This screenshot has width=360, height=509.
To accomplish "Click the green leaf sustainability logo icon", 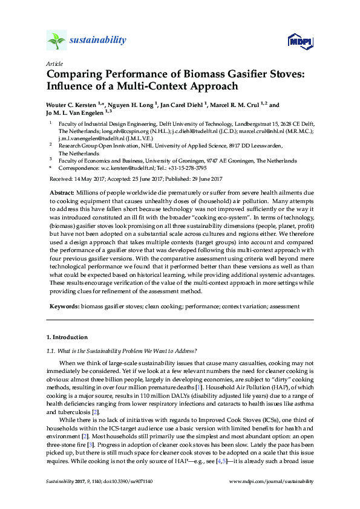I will click(x=56, y=41).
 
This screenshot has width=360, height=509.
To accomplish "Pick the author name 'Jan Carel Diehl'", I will click(x=182, y=105).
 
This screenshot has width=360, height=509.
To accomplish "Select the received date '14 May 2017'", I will click(x=88, y=179).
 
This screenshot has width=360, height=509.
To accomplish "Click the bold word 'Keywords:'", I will click(x=64, y=306).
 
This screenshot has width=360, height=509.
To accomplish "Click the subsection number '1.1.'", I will click(x=51, y=351).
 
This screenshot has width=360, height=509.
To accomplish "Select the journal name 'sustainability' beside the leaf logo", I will click(x=99, y=41).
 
